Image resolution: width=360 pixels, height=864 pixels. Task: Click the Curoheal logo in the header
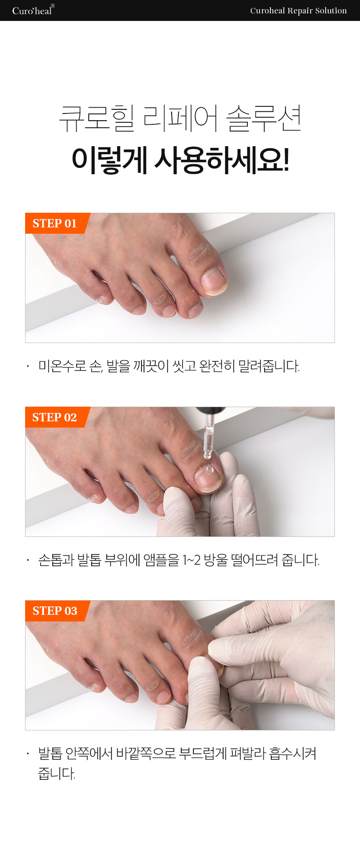pos(33,10)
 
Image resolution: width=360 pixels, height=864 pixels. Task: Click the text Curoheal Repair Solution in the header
pos(298,11)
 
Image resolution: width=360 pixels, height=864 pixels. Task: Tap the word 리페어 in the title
pos(180,118)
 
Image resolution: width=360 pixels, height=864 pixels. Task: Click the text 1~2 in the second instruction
pos(191,560)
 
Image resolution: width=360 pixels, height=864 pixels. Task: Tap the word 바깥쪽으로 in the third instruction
pos(146,753)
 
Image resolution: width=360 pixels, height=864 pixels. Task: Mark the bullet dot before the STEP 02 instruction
pos(28,560)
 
